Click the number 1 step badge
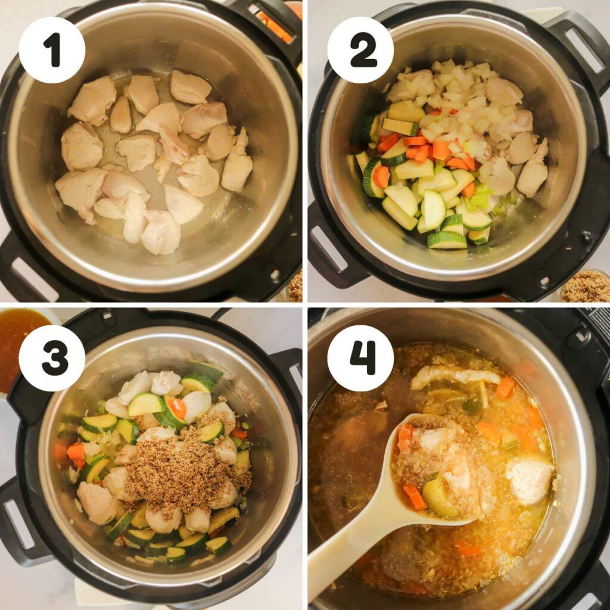52,50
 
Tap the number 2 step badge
360,50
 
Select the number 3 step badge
52,358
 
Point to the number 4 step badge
360,358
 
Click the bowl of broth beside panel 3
18,346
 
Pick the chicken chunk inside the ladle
453,471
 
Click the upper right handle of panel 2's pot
575,42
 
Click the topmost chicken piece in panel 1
190,87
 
